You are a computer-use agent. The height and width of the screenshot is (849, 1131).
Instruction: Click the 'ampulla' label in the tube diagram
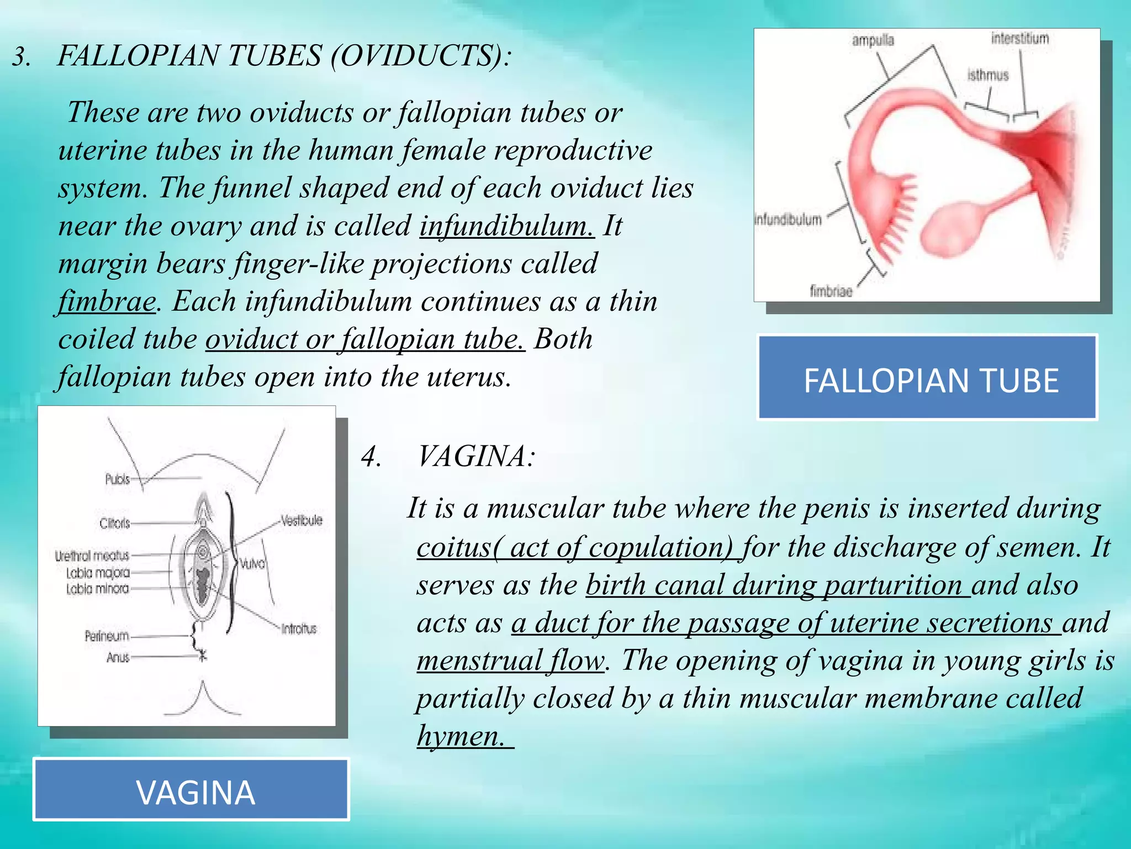(873, 40)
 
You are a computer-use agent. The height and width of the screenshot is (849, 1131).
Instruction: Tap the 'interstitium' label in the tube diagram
(1019, 38)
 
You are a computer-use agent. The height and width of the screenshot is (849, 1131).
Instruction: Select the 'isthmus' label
(987, 75)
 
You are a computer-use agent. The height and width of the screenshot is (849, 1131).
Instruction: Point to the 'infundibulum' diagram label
(788, 219)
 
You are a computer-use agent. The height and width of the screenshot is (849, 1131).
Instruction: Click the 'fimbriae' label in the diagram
(831, 291)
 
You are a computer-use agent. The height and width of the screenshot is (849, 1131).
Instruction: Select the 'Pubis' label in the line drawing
(118, 479)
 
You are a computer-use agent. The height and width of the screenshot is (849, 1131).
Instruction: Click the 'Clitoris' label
(115, 523)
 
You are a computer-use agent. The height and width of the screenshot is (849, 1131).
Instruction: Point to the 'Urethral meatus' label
(92, 555)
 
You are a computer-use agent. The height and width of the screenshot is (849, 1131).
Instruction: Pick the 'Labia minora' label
(97, 589)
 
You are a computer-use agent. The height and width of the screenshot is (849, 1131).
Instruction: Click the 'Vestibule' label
(301, 520)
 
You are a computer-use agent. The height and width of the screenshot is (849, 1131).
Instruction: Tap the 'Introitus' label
(299, 628)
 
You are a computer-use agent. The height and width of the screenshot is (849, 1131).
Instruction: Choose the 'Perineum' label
(107, 636)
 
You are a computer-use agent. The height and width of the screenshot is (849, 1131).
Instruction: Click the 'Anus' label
(118, 657)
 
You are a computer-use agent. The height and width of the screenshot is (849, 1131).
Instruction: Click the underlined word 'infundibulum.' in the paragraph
(506, 226)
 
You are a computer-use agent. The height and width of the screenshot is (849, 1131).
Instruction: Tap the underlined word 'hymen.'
(461, 736)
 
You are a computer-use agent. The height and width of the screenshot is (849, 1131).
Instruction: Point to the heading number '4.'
(371, 457)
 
